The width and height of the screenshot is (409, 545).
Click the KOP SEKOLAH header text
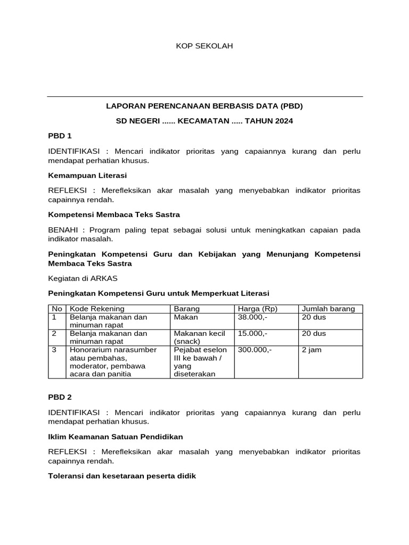[x=204, y=46]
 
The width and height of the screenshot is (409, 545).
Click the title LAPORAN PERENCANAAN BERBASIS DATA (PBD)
[x=204, y=106]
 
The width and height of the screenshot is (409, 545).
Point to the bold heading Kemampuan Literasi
[x=87, y=175]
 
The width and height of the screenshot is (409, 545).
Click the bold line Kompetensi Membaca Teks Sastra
[x=114, y=214]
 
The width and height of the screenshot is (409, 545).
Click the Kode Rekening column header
[x=97, y=309]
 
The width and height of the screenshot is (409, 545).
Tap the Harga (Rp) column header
[x=258, y=309]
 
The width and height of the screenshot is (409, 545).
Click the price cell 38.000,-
[x=253, y=317]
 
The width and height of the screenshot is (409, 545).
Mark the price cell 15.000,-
[x=253, y=334]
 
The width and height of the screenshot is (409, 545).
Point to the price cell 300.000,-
[x=255, y=350]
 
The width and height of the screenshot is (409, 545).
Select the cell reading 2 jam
[x=312, y=350]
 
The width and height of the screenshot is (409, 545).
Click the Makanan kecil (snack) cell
[x=200, y=337]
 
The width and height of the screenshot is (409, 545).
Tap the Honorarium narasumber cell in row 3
[x=113, y=350]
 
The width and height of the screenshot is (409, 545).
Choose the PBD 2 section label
[x=60, y=397]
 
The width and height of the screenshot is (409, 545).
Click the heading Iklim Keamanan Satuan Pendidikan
[x=116, y=436]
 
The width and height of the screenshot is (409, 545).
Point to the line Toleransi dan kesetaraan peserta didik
[x=122, y=476]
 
